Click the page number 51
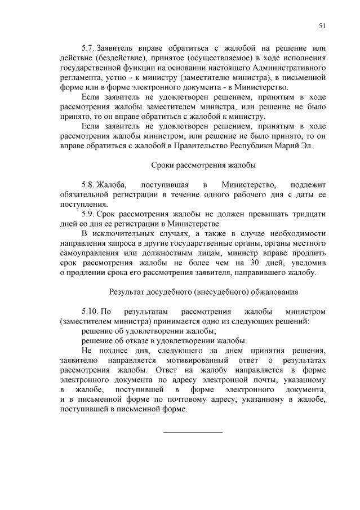[x=322, y=25]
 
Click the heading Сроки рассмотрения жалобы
[x=203, y=165]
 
